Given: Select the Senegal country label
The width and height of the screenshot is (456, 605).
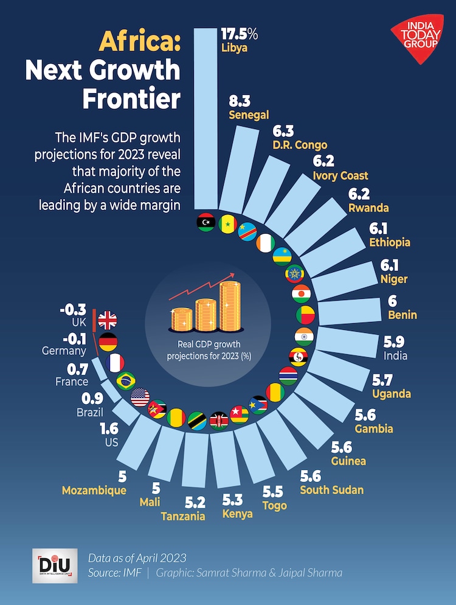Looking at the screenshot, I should coord(248,115).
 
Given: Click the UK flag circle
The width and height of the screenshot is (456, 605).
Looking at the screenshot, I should coord(107,321).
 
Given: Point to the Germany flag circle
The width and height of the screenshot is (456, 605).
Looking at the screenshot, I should coord(108,342).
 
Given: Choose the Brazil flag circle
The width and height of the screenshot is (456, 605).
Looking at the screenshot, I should coord(125,380).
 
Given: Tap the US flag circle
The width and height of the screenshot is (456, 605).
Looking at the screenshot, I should coord(140,397).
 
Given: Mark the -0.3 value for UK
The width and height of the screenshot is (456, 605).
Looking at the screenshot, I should coord(73,310).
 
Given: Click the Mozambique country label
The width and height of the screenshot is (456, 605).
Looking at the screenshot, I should coord(94,491).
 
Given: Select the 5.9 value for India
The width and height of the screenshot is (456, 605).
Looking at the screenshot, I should coord(395,342).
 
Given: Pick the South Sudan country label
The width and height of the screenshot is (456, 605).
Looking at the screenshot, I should coord(331,490).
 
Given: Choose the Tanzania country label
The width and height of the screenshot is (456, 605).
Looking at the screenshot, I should coord(182,516).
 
